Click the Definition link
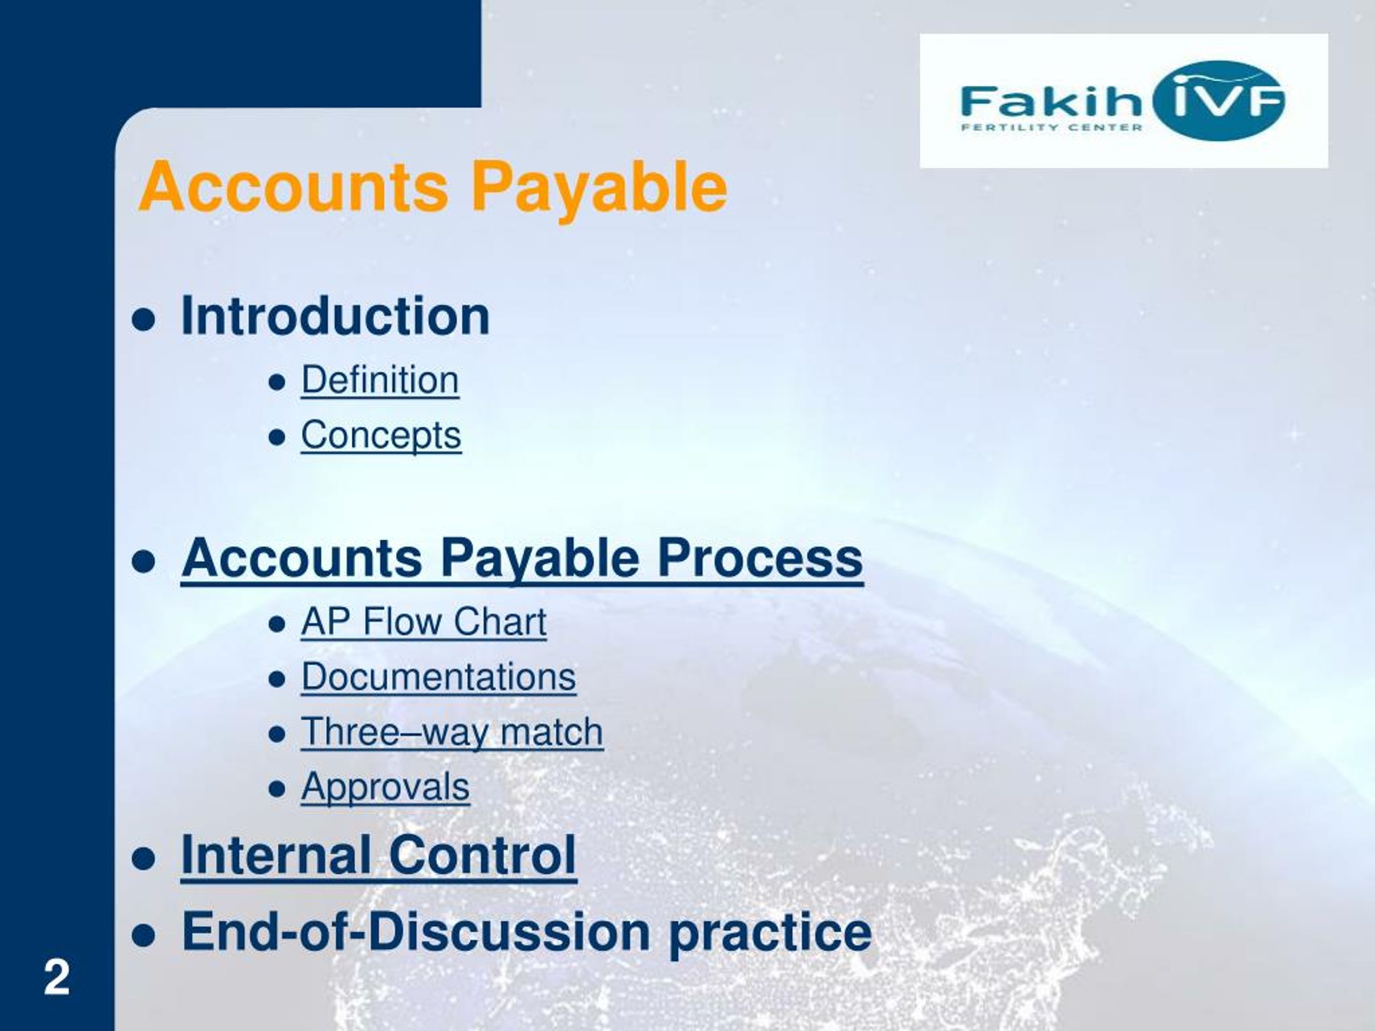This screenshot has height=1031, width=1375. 380,380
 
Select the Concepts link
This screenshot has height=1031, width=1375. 381,435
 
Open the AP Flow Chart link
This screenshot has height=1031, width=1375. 424,621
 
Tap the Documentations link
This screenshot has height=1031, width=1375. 439,676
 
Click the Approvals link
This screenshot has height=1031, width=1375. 386,787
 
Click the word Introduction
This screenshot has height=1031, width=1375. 335,316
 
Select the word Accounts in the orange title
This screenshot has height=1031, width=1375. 293,187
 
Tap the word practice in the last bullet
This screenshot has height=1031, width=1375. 770,933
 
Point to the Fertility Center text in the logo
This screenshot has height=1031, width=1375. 1052,128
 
